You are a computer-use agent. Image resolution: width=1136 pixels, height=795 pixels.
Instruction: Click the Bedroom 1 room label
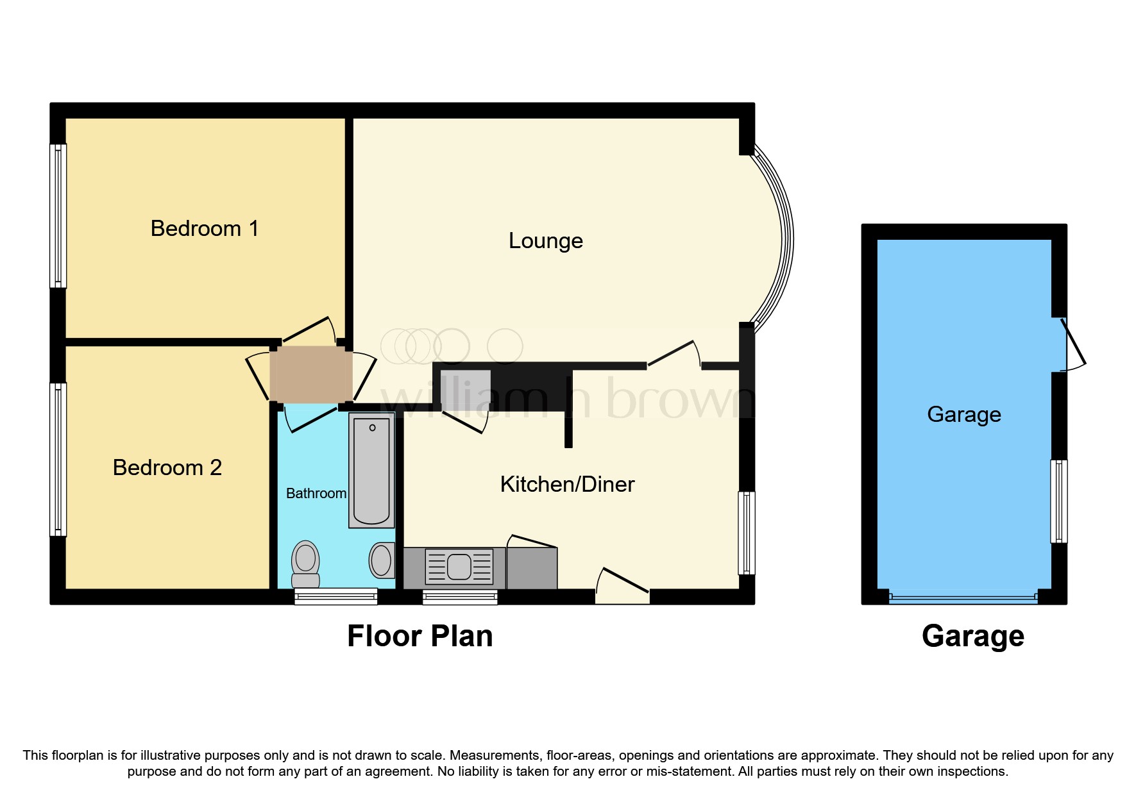pyautogui.click(x=204, y=228)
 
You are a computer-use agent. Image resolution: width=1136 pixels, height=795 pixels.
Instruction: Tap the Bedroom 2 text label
pyautogui.click(x=167, y=467)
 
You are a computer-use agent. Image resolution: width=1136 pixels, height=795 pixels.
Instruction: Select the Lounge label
pyautogui.click(x=545, y=240)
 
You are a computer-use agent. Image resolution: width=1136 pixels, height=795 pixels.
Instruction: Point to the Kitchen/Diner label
pyautogui.click(x=567, y=484)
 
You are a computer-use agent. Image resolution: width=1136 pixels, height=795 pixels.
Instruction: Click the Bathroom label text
pyautogui.click(x=316, y=493)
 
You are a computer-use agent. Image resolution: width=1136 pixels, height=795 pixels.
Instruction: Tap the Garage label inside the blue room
pyautogui.click(x=963, y=414)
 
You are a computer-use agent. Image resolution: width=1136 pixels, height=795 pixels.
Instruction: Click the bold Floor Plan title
pyautogui.click(x=420, y=636)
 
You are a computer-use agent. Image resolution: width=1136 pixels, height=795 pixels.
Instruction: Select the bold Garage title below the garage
pyautogui.click(x=972, y=636)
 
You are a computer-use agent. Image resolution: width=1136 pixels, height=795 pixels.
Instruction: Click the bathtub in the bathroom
pyautogui.click(x=371, y=470)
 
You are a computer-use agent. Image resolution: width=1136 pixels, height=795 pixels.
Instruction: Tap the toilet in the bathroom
pyautogui.click(x=306, y=564)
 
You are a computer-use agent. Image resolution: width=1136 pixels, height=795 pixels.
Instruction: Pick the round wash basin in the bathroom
pyautogui.click(x=382, y=560)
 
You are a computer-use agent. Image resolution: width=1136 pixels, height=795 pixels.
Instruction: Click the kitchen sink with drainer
pyautogui.click(x=459, y=567)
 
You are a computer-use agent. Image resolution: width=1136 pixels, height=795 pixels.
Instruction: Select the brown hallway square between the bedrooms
pyautogui.click(x=310, y=374)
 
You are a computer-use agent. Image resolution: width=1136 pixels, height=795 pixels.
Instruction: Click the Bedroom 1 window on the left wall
pyautogui.click(x=58, y=215)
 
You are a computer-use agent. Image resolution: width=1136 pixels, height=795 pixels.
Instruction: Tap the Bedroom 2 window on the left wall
pyautogui.click(x=58, y=459)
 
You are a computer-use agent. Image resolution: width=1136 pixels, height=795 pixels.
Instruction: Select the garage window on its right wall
pyautogui.click(x=1058, y=501)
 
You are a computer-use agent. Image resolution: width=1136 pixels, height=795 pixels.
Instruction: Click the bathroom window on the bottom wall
pyautogui.click(x=335, y=597)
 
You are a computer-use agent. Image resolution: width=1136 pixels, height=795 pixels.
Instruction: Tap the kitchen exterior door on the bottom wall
pyautogui.click(x=622, y=587)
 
